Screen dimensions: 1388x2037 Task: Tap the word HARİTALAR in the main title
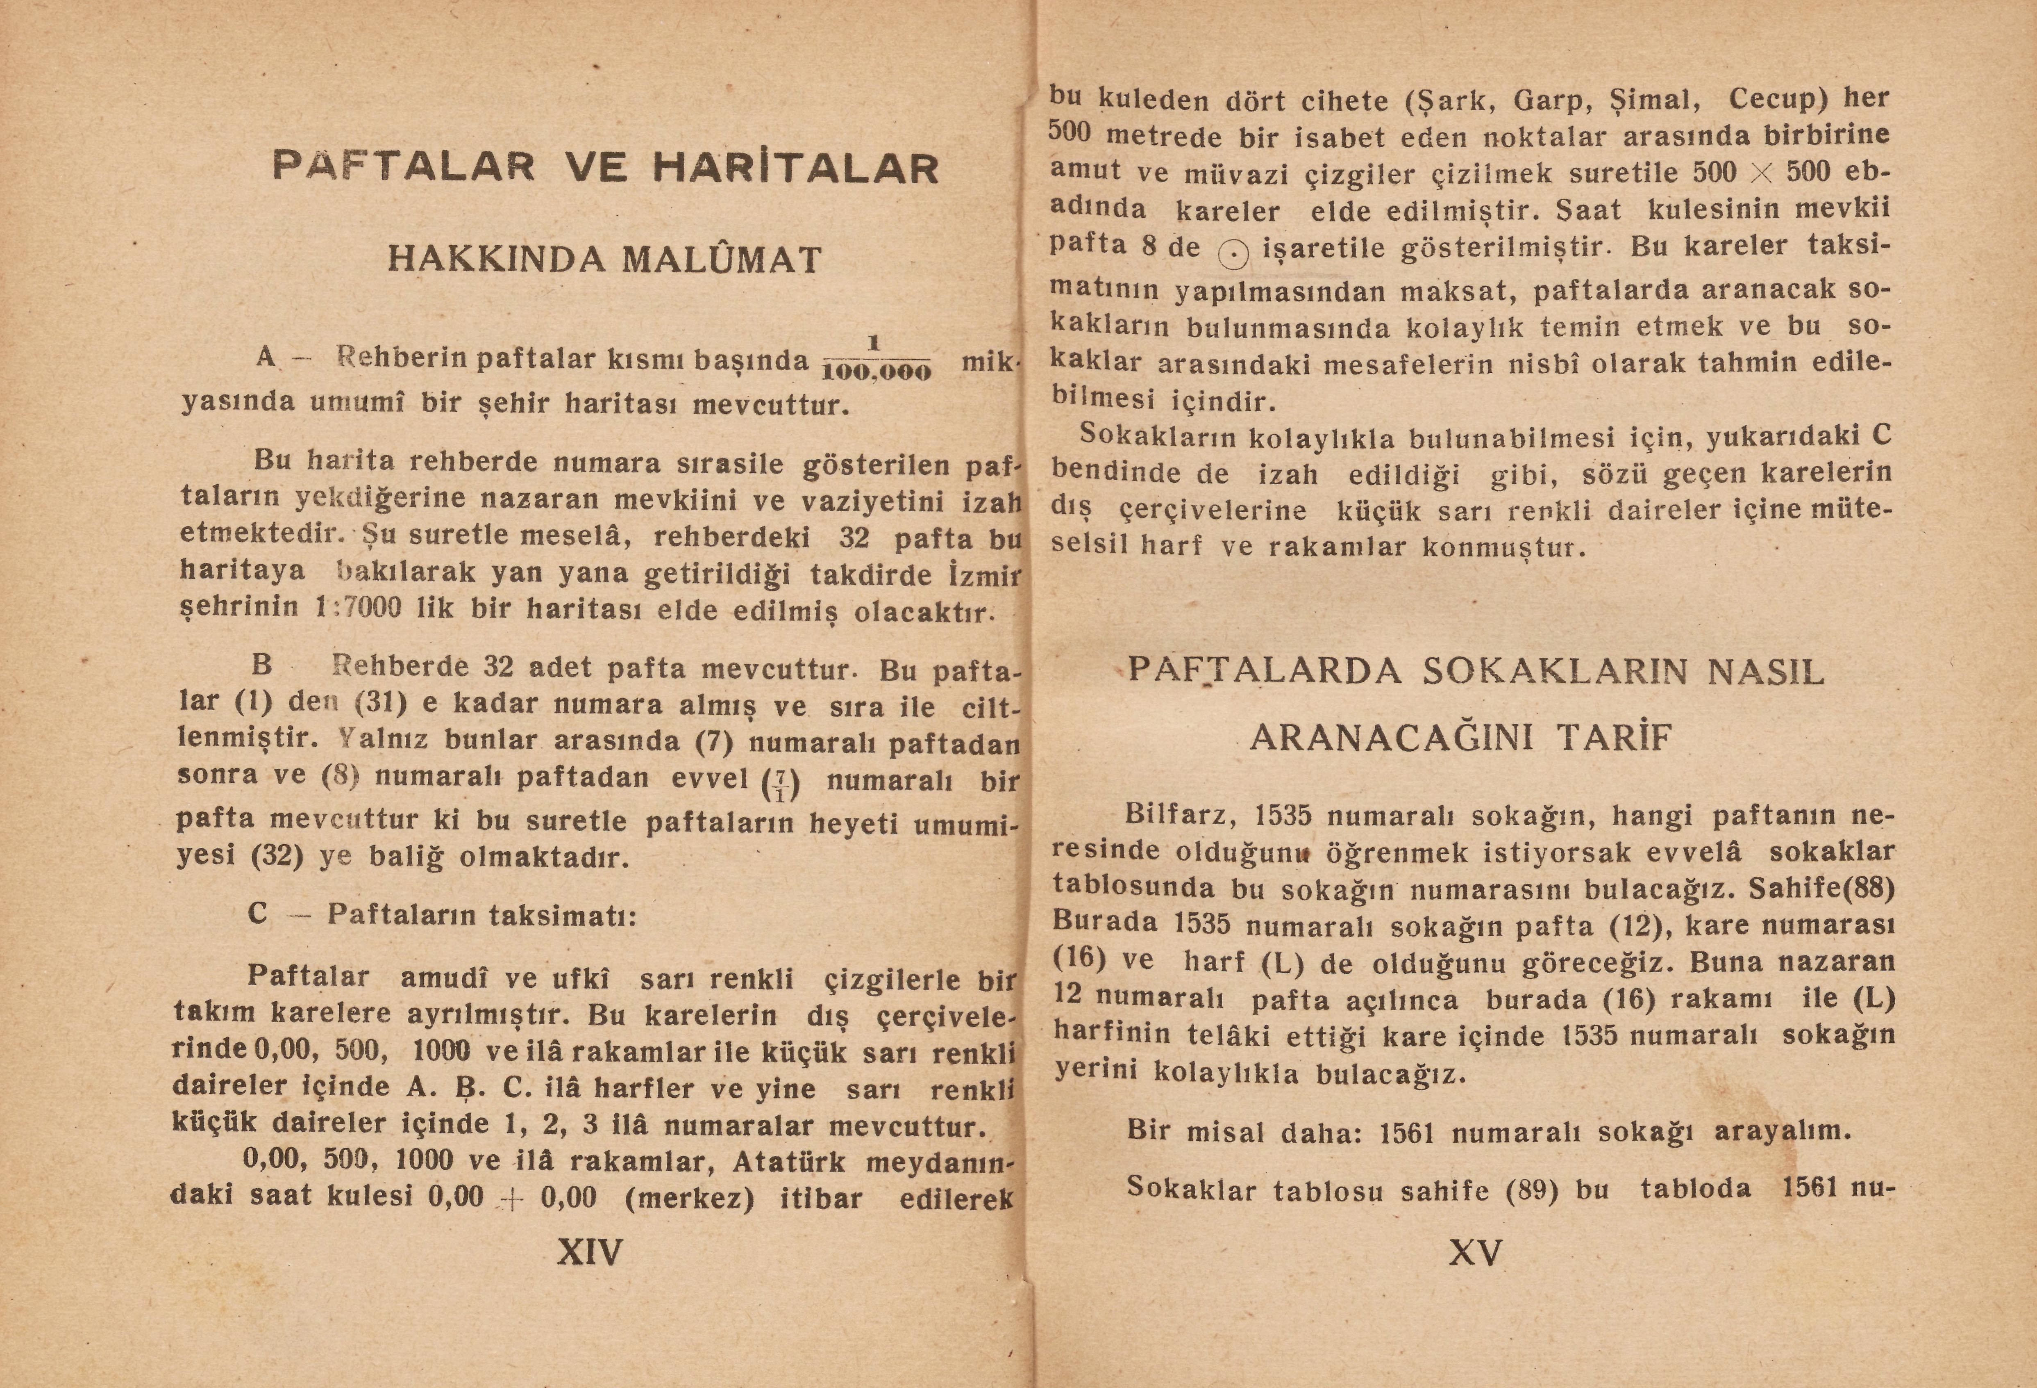[796, 169]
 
